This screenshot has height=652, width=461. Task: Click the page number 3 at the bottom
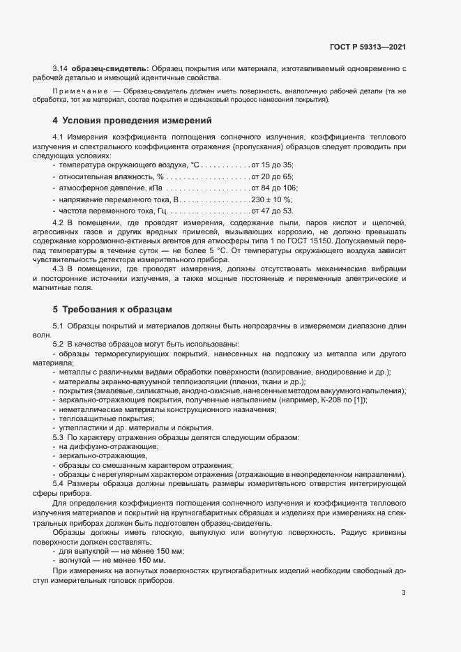[403, 593]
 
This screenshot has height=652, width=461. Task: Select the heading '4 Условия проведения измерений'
[132, 121]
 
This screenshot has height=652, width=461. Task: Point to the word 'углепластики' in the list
[82, 427]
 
